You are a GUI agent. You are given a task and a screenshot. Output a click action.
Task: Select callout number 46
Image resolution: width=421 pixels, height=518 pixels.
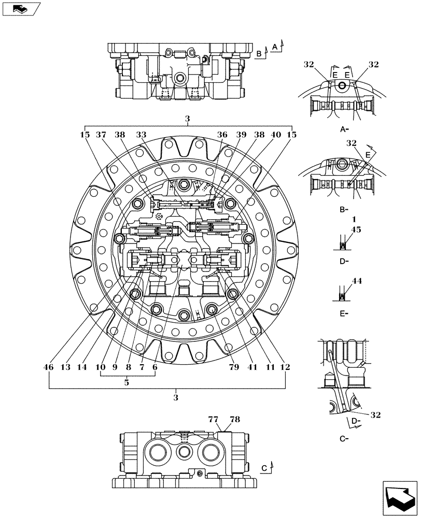[49, 367]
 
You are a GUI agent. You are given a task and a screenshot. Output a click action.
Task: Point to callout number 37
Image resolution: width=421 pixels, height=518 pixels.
[102, 135]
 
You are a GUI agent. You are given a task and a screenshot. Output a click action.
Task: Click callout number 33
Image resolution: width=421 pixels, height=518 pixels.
[141, 135]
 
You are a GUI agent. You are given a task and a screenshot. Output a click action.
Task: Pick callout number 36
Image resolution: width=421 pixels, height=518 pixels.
[222, 135]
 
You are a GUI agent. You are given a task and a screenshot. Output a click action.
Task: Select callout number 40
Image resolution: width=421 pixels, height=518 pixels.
[276, 135]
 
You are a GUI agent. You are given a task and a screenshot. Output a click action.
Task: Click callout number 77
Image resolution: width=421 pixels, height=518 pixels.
[213, 420]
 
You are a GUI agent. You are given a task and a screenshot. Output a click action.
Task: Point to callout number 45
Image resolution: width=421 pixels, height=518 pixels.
[356, 229]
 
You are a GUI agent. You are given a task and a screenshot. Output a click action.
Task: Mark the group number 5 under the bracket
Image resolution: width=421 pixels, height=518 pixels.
[127, 383]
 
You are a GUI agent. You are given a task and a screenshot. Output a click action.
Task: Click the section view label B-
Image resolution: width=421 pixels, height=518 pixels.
[343, 210]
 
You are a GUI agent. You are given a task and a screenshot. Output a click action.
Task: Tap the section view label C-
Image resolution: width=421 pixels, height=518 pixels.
[343, 439]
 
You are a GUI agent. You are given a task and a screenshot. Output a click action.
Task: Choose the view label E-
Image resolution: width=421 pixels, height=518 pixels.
[343, 313]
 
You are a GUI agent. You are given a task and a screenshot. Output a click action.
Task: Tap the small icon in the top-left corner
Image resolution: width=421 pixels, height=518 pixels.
[20, 8]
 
